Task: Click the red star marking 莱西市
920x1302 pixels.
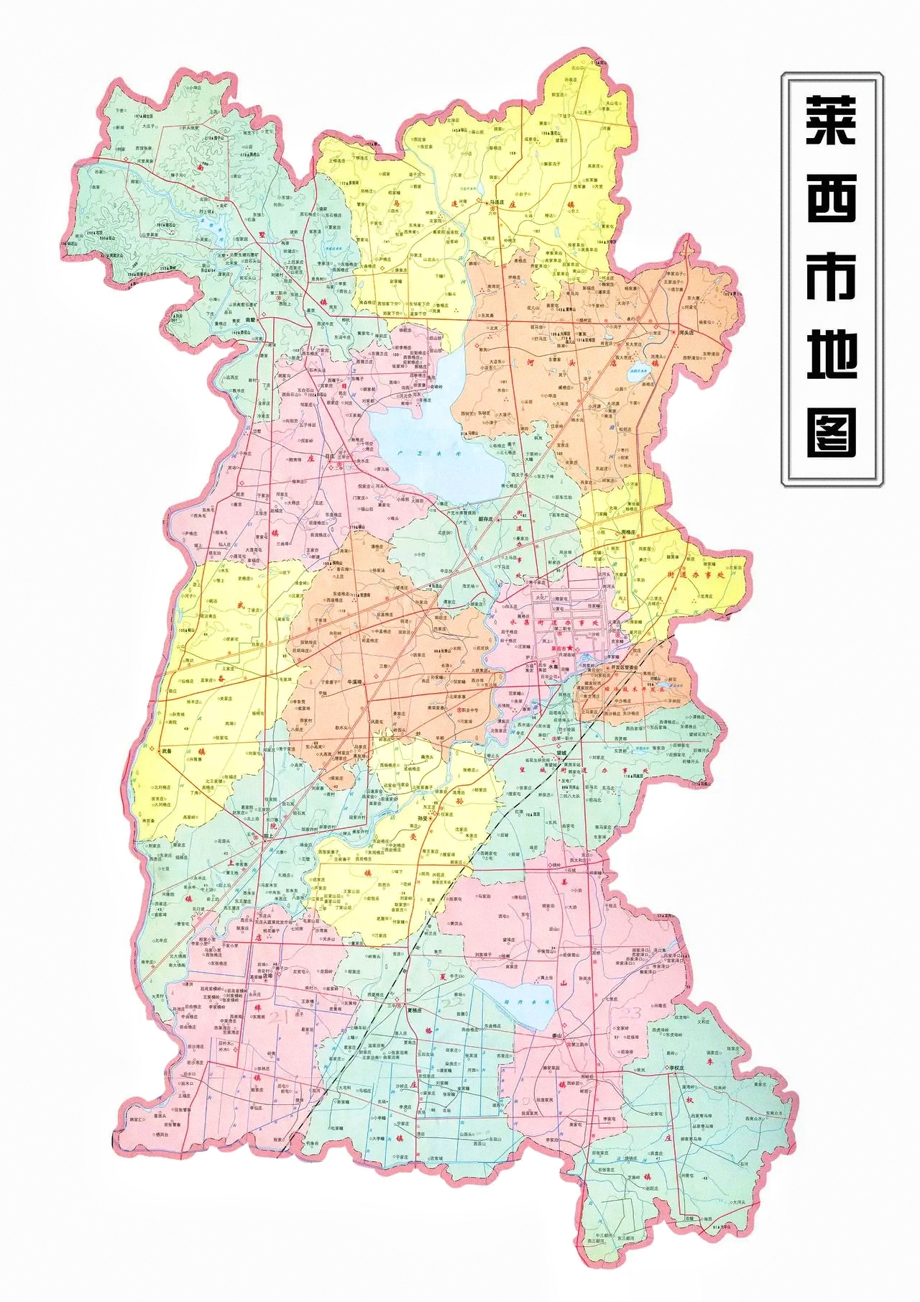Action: click(569, 648)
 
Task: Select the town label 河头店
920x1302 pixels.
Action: click(686, 333)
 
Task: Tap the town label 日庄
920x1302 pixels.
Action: click(330, 456)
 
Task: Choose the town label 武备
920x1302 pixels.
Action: click(167, 751)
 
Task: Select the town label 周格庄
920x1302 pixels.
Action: click(628, 532)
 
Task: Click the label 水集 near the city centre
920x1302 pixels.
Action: click(553, 666)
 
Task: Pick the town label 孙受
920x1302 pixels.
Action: click(423, 818)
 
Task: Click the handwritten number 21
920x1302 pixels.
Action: click(278, 1015)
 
